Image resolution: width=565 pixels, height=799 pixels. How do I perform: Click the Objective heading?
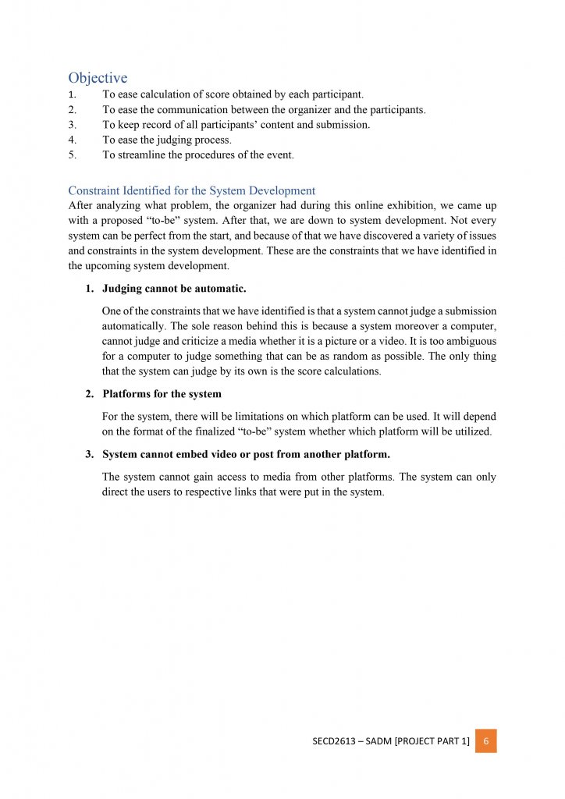98,77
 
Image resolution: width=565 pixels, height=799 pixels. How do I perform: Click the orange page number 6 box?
485,740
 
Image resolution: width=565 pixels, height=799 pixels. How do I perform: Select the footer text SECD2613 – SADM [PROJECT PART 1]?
386,741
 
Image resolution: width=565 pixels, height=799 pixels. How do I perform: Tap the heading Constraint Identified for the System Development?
191,190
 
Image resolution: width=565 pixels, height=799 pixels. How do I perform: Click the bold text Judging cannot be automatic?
174,289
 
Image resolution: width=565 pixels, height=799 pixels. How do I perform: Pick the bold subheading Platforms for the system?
162,393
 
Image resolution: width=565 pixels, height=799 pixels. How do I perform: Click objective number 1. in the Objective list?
72,94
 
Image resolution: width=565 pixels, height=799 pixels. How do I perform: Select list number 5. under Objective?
72,154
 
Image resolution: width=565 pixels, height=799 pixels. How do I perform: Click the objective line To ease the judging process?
166,140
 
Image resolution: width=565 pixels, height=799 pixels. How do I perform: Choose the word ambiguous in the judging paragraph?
467,341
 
